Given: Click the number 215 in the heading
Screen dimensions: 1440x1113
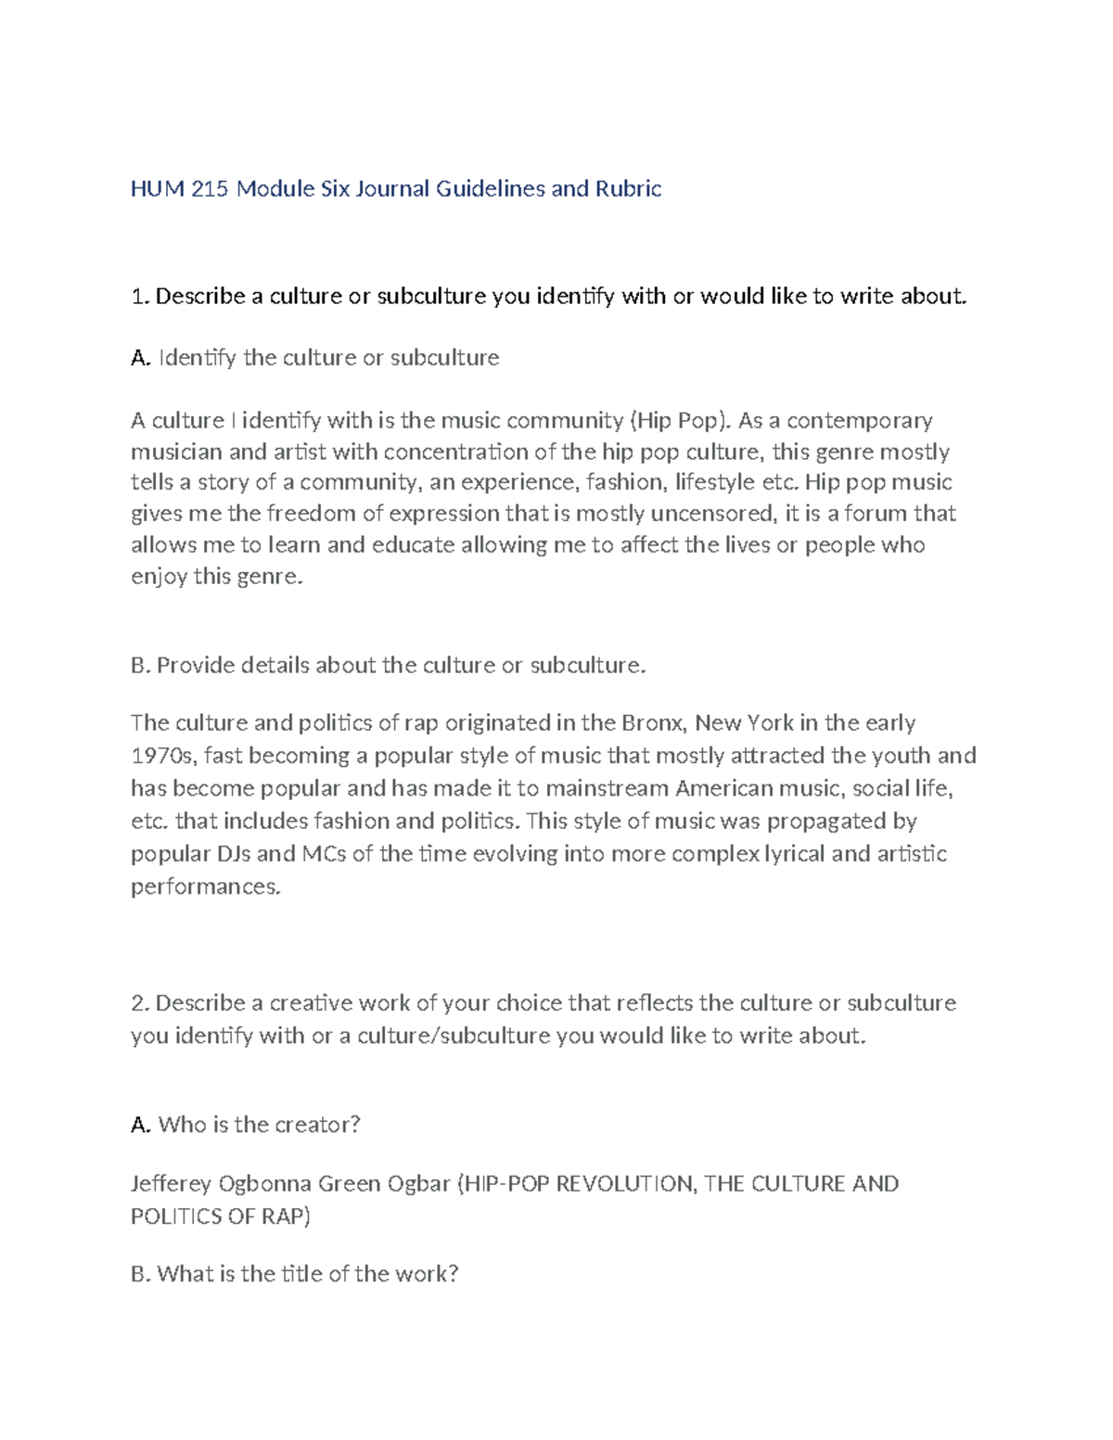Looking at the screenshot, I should (211, 189).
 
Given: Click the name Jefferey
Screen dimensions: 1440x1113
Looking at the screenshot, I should (172, 1184).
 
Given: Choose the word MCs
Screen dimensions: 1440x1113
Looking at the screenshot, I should (325, 853).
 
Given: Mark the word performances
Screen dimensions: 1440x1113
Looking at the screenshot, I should (204, 886).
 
